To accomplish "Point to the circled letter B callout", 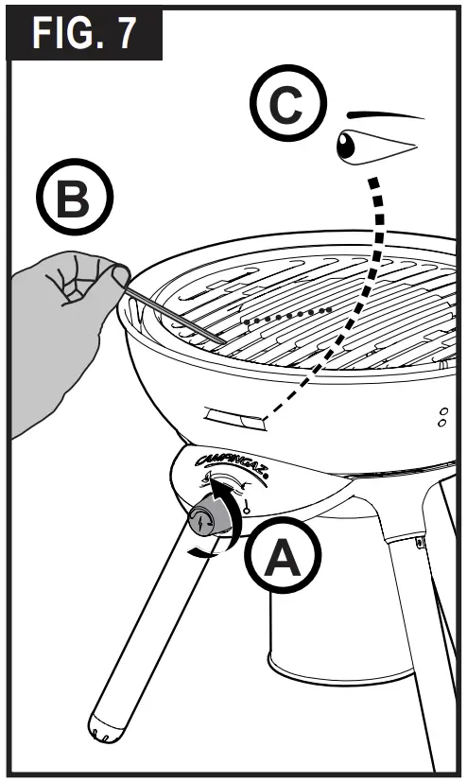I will (x=73, y=200).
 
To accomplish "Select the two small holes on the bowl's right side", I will (x=441, y=417).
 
